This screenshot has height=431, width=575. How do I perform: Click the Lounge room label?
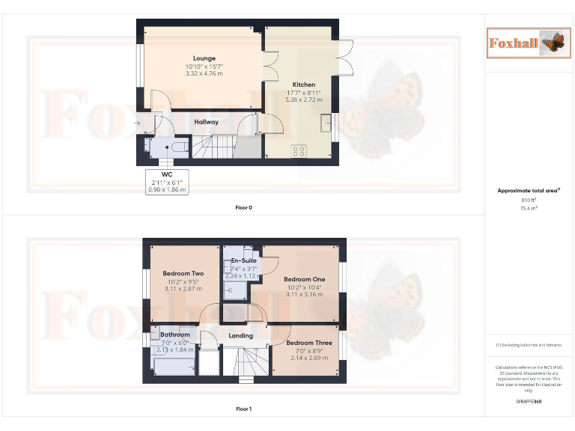coord(204,58)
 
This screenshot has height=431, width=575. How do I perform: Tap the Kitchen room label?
coord(303,85)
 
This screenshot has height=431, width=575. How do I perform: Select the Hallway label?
coord(207,122)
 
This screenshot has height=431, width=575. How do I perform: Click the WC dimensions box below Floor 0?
coord(166,183)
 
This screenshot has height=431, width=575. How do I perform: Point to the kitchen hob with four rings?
coord(299,151)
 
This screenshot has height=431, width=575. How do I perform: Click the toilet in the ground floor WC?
coord(177,147)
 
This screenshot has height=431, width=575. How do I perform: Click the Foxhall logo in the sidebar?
coord(524,43)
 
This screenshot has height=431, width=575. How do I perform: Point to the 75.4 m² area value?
coord(529,209)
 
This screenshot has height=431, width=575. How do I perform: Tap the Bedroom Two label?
coord(183,274)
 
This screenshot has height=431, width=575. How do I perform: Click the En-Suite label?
coord(243,260)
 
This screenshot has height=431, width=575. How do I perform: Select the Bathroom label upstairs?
coord(175,334)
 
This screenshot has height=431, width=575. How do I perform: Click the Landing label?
coord(241,336)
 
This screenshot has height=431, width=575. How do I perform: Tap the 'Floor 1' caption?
coord(243,409)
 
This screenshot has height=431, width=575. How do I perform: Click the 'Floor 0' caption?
coord(243,207)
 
